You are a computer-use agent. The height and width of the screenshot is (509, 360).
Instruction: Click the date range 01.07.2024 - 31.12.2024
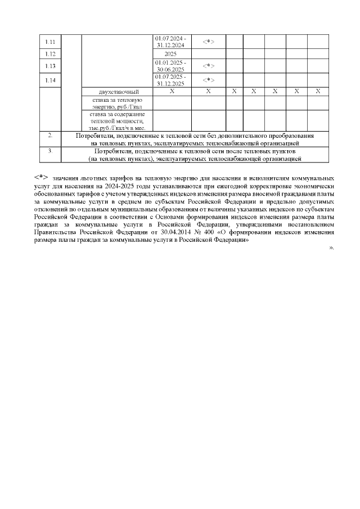click(172, 42)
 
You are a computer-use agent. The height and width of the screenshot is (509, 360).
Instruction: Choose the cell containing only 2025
click(172, 54)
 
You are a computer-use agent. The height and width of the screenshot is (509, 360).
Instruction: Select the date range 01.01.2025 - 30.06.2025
click(172, 66)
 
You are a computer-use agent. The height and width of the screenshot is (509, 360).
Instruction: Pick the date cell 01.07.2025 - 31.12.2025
click(172, 80)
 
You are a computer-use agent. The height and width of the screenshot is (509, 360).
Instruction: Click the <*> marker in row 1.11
click(208, 42)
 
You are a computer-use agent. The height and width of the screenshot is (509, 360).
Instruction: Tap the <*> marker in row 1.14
click(208, 80)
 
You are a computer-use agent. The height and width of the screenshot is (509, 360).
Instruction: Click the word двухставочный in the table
click(118, 91)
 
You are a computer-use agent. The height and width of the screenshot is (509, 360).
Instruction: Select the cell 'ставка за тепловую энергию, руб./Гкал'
click(118, 103)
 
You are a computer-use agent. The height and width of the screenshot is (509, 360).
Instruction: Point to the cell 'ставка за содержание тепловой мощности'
click(118, 121)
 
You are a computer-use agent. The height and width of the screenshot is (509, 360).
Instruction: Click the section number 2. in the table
click(51, 136)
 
